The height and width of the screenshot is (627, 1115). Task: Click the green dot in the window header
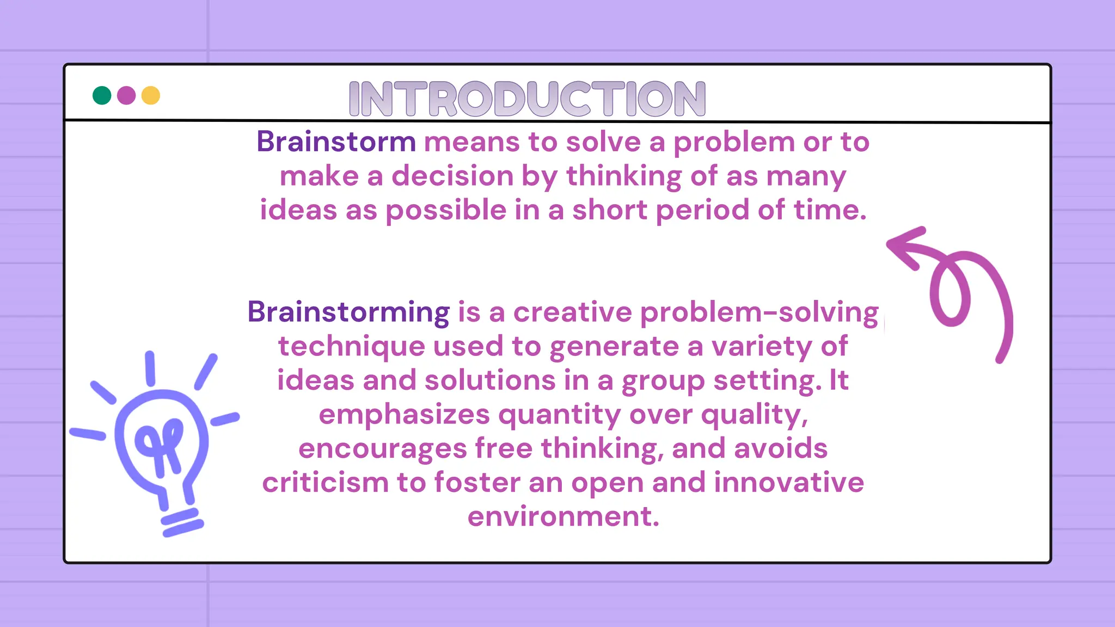click(102, 95)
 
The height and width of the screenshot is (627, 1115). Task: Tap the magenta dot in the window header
click(126, 95)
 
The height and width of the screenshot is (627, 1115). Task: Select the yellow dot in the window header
click(151, 95)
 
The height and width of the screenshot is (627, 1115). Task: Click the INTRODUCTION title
click(527, 99)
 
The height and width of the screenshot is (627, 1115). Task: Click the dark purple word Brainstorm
click(336, 142)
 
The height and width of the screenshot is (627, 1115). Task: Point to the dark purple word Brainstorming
click(348, 312)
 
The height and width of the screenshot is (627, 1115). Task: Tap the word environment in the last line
click(563, 517)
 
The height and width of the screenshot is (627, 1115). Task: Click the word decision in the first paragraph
click(452, 176)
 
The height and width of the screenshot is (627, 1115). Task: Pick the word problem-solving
click(759, 312)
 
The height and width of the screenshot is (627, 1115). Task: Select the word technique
click(351, 347)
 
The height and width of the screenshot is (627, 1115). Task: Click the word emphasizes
click(404, 415)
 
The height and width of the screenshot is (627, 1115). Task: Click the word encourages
click(382, 449)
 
